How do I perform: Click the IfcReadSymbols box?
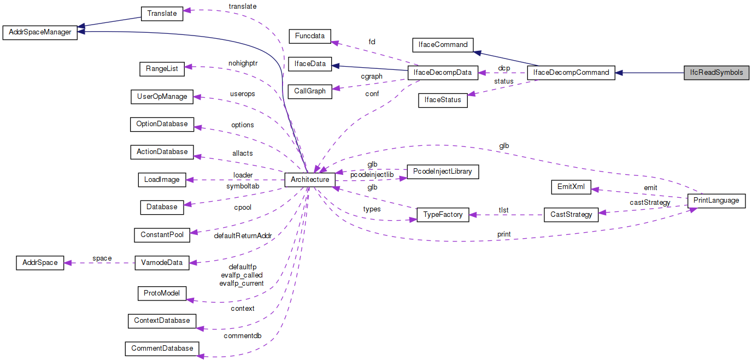[716, 73]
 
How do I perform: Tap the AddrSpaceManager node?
[40, 32]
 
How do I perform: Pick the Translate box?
[162, 13]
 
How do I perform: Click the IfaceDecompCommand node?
[571, 73]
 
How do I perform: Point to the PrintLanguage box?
[716, 200]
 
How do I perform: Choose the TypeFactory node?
[443, 215]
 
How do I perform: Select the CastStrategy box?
[571, 215]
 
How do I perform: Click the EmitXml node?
[571, 187]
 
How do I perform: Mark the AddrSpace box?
[40, 262]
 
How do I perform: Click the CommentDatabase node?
[162, 348]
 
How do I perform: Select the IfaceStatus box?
[443, 101]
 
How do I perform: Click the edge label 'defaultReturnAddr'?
[243, 235]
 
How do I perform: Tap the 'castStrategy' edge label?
[650, 203]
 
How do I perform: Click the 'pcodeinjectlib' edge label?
[372, 174]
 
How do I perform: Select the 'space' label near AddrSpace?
[102, 258]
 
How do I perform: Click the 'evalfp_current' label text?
[242, 283]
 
